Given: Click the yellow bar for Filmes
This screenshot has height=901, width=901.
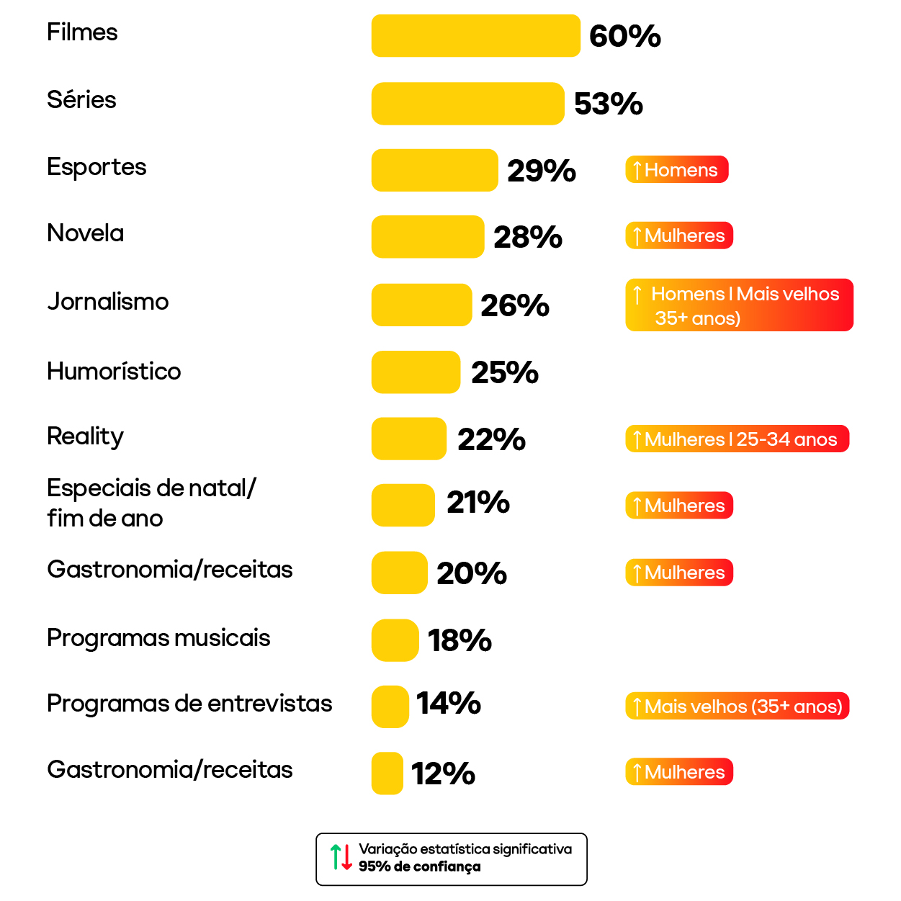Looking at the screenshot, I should point(475,36).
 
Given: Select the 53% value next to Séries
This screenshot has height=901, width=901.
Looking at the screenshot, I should point(608,104).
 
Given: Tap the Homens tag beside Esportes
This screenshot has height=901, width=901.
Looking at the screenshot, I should point(677,170).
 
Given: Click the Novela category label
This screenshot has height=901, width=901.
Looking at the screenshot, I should point(86,233).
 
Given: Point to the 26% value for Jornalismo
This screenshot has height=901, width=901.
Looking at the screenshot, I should point(514,305).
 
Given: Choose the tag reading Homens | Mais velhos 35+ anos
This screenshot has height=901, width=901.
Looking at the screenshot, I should point(739,305).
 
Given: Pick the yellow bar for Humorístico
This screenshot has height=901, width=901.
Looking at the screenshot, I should point(416,372).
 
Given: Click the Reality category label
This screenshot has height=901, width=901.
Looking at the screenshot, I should point(86,436).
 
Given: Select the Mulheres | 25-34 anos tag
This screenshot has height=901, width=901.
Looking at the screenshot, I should point(738,439).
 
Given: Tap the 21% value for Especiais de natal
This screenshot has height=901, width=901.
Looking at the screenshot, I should point(478,503).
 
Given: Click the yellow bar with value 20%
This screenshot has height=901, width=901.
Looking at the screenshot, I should point(400,573).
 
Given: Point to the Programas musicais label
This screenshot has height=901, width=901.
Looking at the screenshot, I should point(158,638).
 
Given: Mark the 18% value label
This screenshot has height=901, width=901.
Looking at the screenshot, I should point(460,640).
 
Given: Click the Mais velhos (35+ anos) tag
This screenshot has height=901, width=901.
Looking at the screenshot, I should point(738,707).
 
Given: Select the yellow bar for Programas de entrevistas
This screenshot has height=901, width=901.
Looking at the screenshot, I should point(390,707).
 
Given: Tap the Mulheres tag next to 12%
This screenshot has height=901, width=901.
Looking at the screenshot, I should point(679,772).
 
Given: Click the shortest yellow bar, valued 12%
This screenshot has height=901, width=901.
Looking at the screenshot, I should point(387,774).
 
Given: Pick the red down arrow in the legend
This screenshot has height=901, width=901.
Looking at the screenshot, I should point(347,857).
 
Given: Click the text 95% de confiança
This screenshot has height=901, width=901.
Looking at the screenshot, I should point(419,866).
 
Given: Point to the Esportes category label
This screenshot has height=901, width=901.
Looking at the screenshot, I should point(97,167).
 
